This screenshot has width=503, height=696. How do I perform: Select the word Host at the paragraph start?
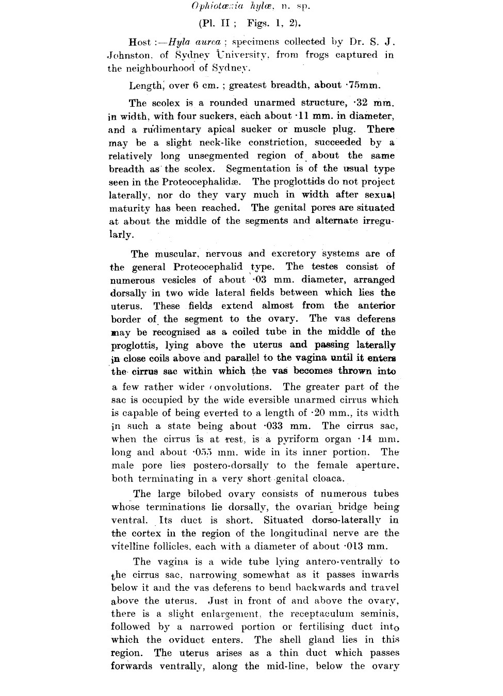click(140, 42)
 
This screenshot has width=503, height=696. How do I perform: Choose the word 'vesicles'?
click(179, 280)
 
